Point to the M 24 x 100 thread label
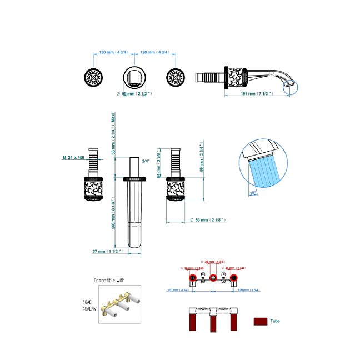pos(74,158)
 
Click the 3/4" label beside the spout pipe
pos(146,161)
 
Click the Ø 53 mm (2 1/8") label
pos(208,221)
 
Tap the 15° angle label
pos(253,193)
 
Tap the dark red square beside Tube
pos(259,321)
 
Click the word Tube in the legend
pos(275,321)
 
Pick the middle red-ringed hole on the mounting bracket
pos(213,277)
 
